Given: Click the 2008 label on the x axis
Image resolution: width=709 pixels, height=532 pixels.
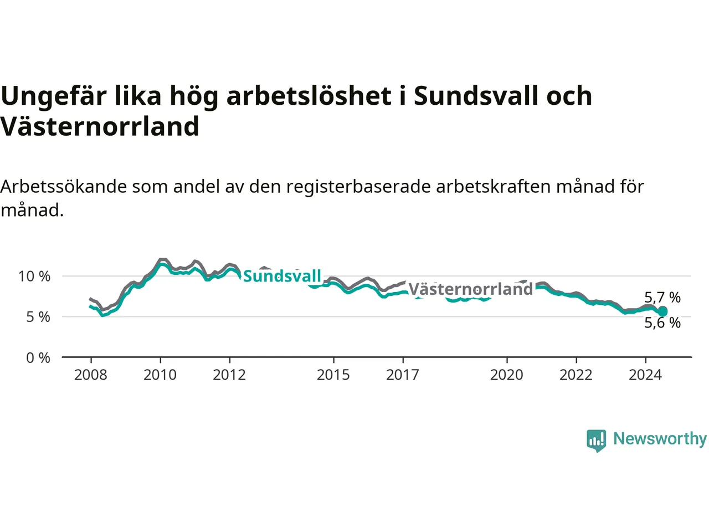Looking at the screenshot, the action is pyautogui.click(x=90, y=375).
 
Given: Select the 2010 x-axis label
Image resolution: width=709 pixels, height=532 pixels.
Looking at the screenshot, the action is pyautogui.click(x=160, y=375).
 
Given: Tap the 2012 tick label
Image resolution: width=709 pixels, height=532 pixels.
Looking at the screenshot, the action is pyautogui.click(x=229, y=375).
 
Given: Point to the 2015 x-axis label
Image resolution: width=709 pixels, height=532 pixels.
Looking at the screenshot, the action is pyautogui.click(x=333, y=375).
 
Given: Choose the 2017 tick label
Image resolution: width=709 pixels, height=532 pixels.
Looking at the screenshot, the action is pyautogui.click(x=403, y=375).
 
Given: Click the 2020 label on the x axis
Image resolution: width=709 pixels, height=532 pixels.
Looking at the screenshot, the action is pyautogui.click(x=506, y=375).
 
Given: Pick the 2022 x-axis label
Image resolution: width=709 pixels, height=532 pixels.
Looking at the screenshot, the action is pyautogui.click(x=576, y=375).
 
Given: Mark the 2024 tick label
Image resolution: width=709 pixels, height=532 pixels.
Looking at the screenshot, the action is pyautogui.click(x=645, y=375).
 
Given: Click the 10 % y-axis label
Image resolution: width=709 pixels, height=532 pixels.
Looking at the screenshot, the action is pyautogui.click(x=34, y=277).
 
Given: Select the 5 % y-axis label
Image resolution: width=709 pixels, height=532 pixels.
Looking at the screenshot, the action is pyautogui.click(x=38, y=317).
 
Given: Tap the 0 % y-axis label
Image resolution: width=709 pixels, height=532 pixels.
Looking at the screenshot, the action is pyautogui.click(x=38, y=358).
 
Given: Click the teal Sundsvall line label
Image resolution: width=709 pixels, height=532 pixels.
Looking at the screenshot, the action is pyautogui.click(x=282, y=276).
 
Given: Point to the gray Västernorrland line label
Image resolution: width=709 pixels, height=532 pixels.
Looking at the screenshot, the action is pyautogui.click(x=471, y=289).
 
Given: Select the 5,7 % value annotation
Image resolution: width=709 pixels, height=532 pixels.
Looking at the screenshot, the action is pyautogui.click(x=662, y=298).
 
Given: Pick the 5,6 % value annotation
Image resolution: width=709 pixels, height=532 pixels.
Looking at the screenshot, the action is pyautogui.click(x=662, y=323).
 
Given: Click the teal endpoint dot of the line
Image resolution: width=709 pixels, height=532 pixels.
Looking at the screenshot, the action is pyautogui.click(x=662, y=311).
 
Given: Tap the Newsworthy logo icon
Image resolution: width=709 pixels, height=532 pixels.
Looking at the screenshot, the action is pyautogui.click(x=596, y=441).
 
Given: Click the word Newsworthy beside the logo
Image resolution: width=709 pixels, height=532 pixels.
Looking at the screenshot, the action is pyautogui.click(x=660, y=439).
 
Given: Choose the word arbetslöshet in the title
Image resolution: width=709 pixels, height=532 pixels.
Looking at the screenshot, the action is pyautogui.click(x=309, y=96).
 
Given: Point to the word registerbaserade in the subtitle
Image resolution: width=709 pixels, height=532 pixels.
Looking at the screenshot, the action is pyautogui.click(x=358, y=187).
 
